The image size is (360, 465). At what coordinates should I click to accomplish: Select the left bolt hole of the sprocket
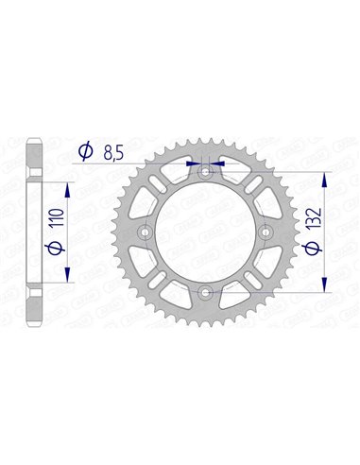(144, 232)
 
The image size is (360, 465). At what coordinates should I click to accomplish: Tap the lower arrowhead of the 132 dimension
(326, 291)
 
